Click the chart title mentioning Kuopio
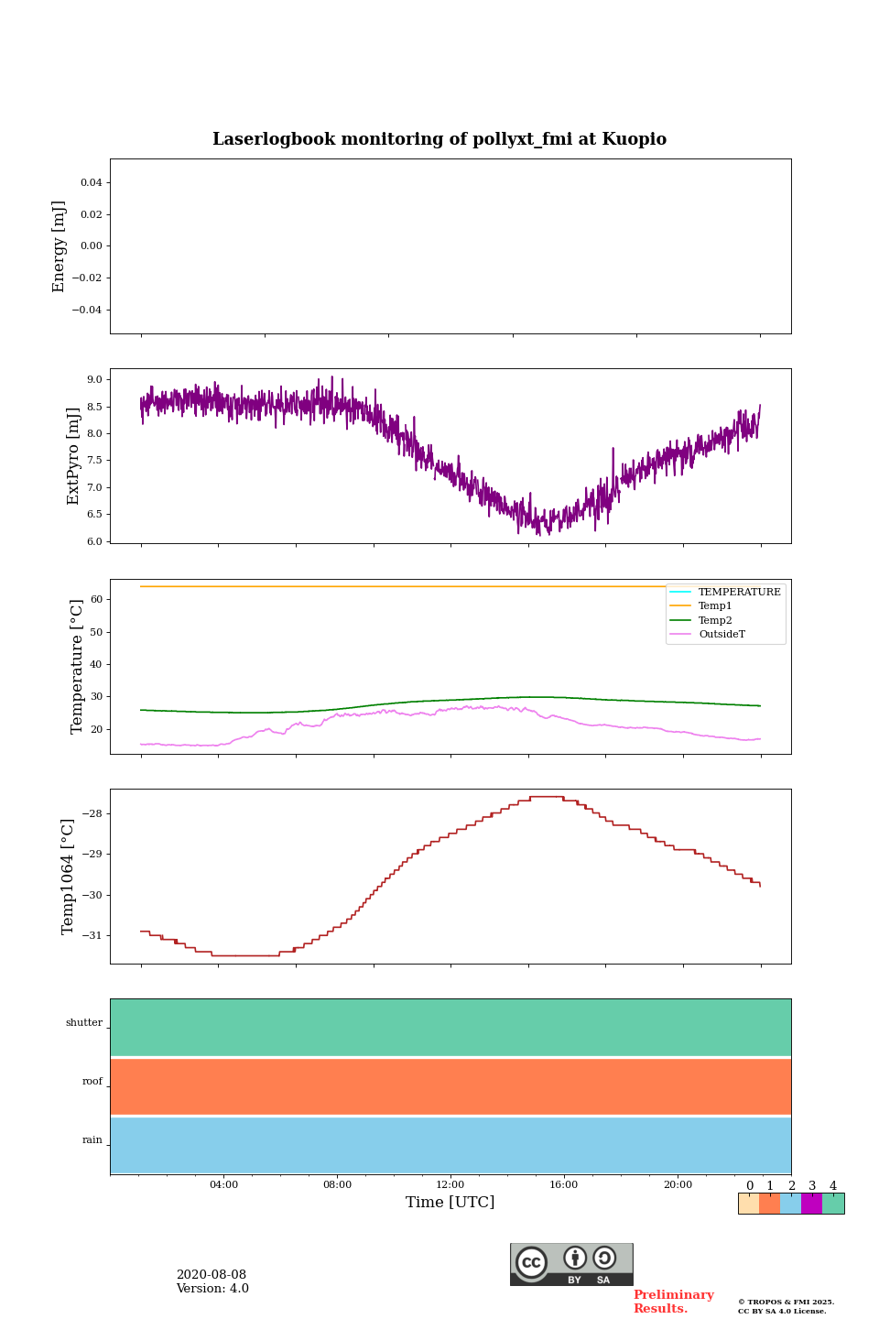pos(439,139)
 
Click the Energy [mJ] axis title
pos(60,246)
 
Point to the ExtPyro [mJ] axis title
pos(74,456)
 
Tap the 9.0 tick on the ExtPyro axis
pos(94,379)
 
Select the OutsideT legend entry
pos(722,635)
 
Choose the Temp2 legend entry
pos(715,620)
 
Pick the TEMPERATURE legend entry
pos(739,593)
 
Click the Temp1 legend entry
pos(715,606)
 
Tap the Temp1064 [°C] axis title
pos(68,877)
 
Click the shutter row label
pos(84,1023)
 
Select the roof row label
pos(92,1082)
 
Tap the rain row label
pos(92,1140)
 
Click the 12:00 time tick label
pos(450,1184)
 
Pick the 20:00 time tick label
pos(678,1184)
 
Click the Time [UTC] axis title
pos(450,1202)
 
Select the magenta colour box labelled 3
pos(811,1204)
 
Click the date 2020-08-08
pos(212,1275)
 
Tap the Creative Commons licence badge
pos(571,1264)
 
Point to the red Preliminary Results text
pos(673,1302)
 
